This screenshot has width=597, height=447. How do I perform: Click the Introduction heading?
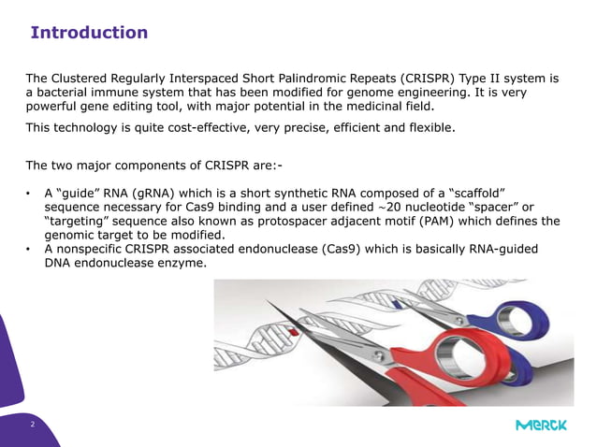(x=89, y=33)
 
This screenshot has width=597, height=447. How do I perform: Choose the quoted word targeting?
(x=78, y=222)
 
